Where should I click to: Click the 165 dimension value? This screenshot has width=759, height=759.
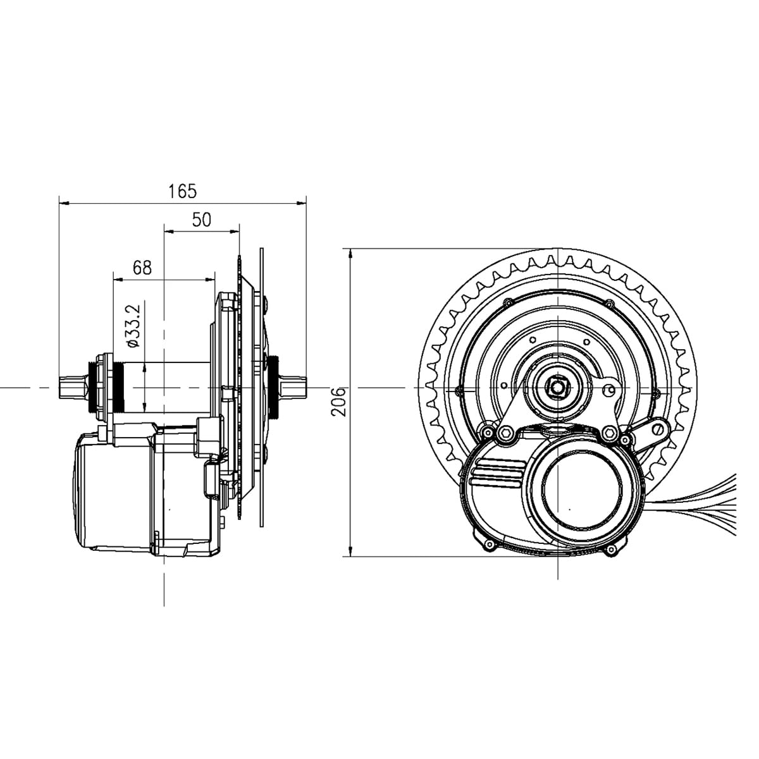182,190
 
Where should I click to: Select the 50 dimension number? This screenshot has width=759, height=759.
201,219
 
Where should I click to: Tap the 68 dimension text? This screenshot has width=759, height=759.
142,268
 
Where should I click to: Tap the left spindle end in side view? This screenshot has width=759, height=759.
73,386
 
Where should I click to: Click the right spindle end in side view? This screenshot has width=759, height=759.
293,386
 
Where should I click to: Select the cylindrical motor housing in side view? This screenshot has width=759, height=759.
114,493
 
